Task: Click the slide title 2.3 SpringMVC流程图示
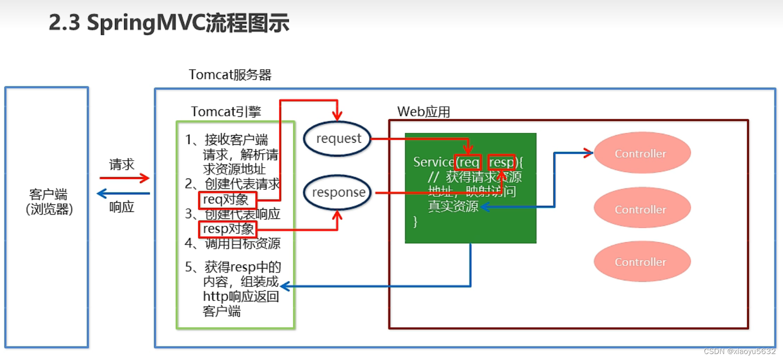click(169, 23)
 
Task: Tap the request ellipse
click(338, 139)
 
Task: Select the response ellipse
click(338, 192)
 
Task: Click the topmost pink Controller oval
click(641, 153)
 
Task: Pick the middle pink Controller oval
click(641, 208)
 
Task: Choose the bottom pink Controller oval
click(641, 262)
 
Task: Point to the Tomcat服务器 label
click(230, 75)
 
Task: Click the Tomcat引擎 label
click(226, 112)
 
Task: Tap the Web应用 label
click(424, 112)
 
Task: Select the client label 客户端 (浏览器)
click(49, 201)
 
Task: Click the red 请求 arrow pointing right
click(124, 178)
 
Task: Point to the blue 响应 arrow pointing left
click(123, 193)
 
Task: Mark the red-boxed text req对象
click(227, 200)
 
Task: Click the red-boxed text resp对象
click(228, 229)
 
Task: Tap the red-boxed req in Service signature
click(468, 163)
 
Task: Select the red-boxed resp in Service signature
click(501, 163)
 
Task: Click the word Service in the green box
click(433, 162)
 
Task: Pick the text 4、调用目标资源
click(233, 244)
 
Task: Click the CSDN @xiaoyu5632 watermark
click(739, 352)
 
